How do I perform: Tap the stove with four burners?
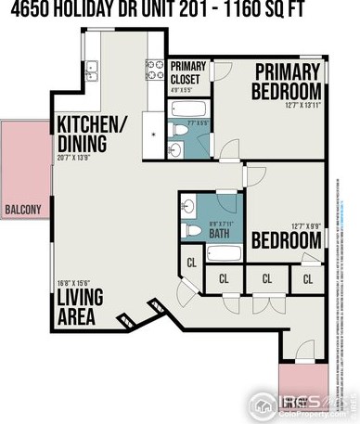[x=154, y=71]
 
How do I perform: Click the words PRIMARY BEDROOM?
[x=288, y=81]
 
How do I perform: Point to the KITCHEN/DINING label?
[x=91, y=135]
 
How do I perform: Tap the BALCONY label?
[x=23, y=210]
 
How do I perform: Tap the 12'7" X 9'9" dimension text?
[x=305, y=225]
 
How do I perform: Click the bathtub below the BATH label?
[x=222, y=253]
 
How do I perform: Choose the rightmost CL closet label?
[x=307, y=277]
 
